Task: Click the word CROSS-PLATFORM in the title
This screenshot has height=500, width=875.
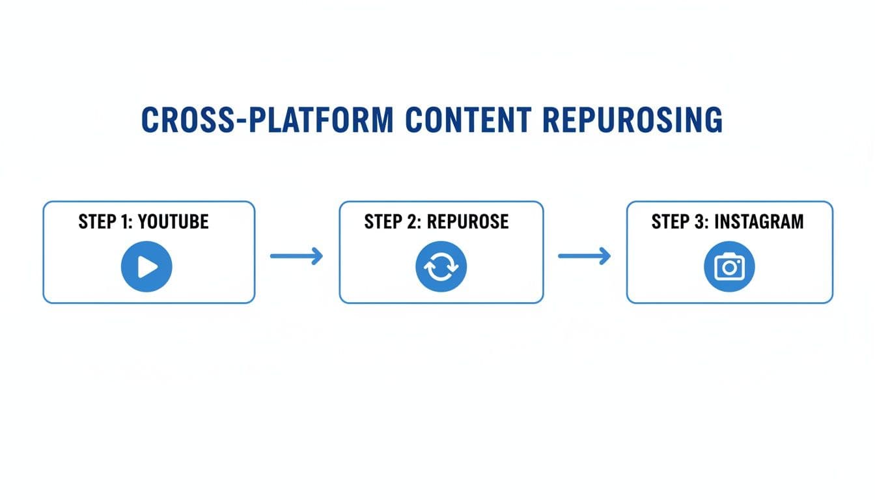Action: tap(267, 121)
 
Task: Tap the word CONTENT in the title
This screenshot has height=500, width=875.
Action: tap(466, 121)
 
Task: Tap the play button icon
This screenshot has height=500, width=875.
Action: tap(146, 266)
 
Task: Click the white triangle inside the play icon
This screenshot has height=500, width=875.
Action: tap(148, 266)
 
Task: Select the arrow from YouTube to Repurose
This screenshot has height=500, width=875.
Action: tap(296, 256)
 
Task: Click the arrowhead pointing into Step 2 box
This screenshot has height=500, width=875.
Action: tap(317, 256)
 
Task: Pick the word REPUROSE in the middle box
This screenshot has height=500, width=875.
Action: tap(467, 221)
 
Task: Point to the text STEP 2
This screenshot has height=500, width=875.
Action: tap(393, 221)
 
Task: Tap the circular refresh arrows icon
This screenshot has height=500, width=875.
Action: tap(441, 266)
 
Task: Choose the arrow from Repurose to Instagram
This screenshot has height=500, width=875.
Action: tap(584, 256)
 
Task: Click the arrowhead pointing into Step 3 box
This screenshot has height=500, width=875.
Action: tap(605, 256)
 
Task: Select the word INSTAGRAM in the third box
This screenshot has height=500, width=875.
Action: tap(759, 221)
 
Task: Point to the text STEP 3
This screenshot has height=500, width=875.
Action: tap(679, 221)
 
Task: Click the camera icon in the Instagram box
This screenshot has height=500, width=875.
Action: tap(729, 266)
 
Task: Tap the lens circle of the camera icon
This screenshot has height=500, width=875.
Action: tap(730, 268)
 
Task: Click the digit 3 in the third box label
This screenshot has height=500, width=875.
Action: tap(702, 221)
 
